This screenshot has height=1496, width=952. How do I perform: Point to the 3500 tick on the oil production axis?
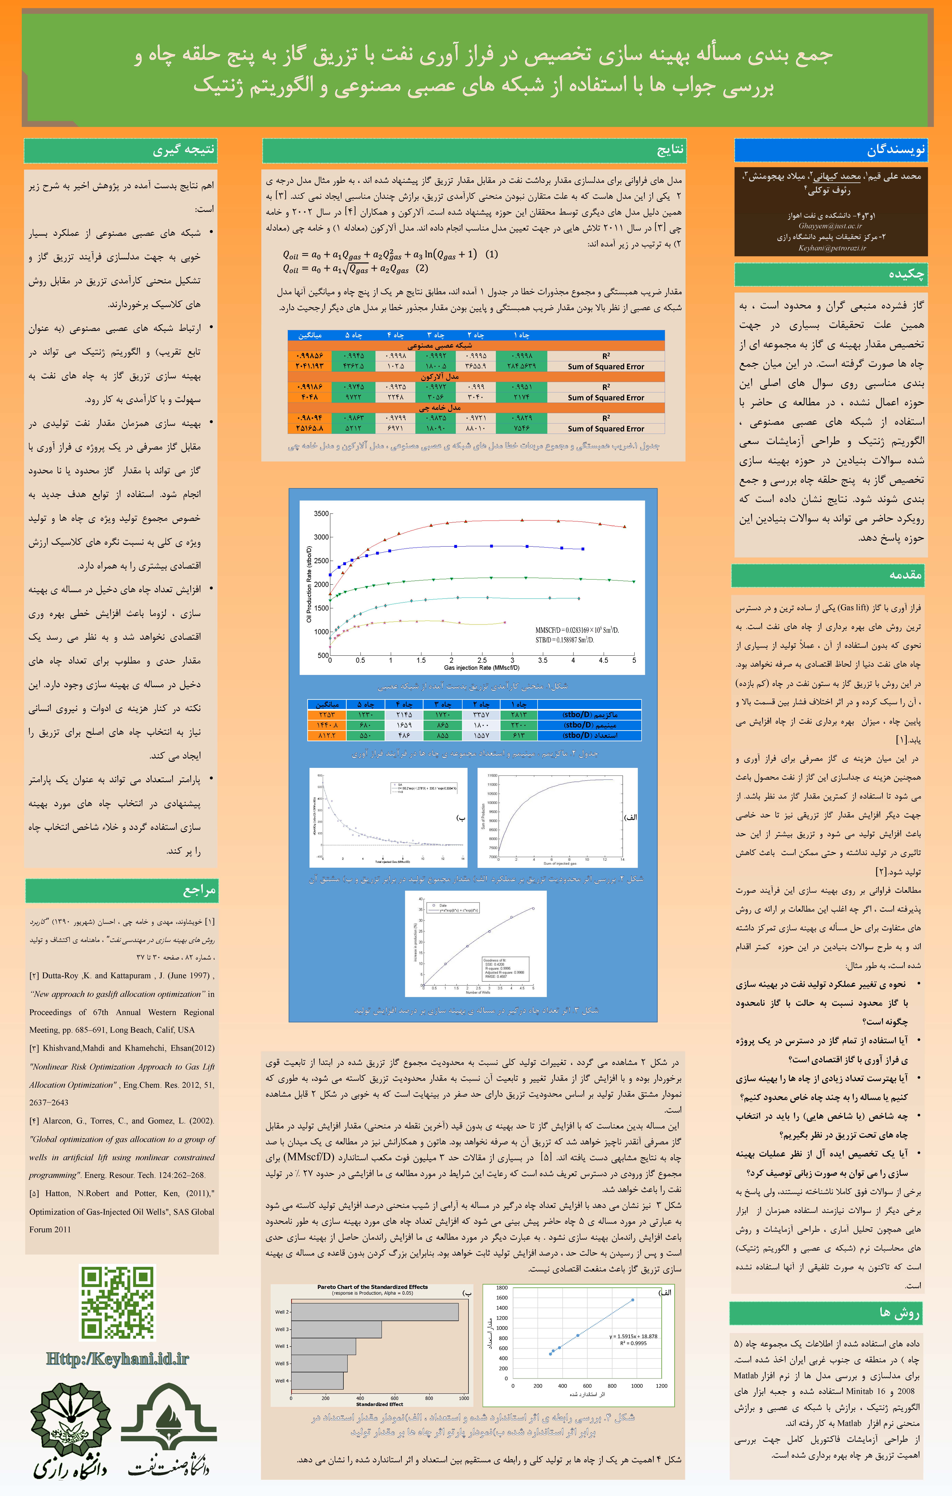point(321,514)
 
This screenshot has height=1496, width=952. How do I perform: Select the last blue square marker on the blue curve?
point(583,549)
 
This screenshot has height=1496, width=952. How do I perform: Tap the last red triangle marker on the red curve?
point(625,526)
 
